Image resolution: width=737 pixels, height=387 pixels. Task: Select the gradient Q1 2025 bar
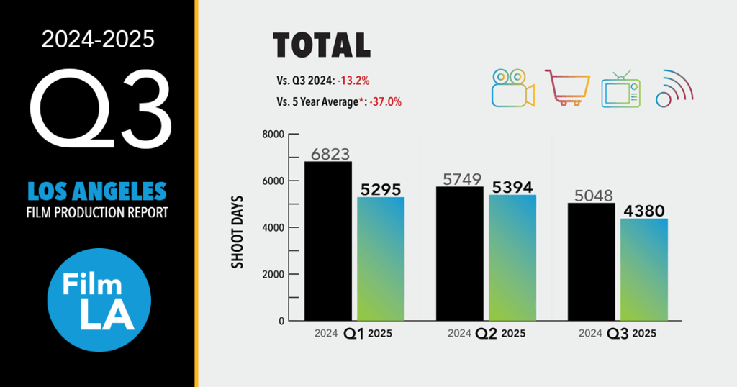pos(382,259)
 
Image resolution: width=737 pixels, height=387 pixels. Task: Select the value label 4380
pos(643,211)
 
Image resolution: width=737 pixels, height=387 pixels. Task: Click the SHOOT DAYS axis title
pos(237,231)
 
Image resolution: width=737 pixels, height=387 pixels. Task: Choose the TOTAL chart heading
pos(322,45)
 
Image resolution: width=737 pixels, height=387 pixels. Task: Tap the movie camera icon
pos(512,88)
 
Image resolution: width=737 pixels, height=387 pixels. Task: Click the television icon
pos(620,88)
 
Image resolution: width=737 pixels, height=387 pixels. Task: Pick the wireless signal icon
pos(674,88)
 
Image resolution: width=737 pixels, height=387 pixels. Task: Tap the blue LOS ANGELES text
pos(97,191)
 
